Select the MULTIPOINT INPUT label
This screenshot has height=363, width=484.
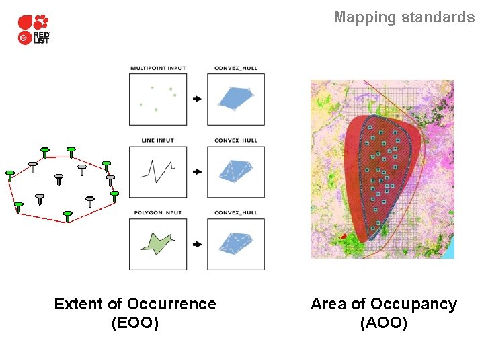point(157,68)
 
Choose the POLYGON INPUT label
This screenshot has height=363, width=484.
point(157,213)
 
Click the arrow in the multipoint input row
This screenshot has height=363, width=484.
point(197,99)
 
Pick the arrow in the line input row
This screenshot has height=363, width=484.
point(197,172)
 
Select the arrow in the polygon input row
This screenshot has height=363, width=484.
point(197,245)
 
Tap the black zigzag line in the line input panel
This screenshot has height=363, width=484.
point(158,171)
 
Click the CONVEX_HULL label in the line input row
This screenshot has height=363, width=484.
point(235,140)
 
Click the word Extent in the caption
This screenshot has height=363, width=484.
point(79,304)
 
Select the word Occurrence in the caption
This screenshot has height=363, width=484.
point(171,304)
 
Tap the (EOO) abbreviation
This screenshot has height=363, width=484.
point(135,323)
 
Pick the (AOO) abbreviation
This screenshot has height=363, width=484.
point(384,323)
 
